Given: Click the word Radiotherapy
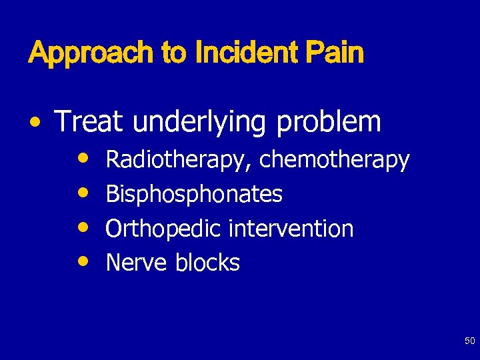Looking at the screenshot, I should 179,161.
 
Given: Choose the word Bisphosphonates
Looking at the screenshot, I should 194,195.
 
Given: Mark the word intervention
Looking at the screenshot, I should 291,229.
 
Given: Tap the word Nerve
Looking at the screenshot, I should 136,263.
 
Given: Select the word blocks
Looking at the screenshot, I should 207,263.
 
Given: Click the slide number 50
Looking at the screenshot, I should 469,341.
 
